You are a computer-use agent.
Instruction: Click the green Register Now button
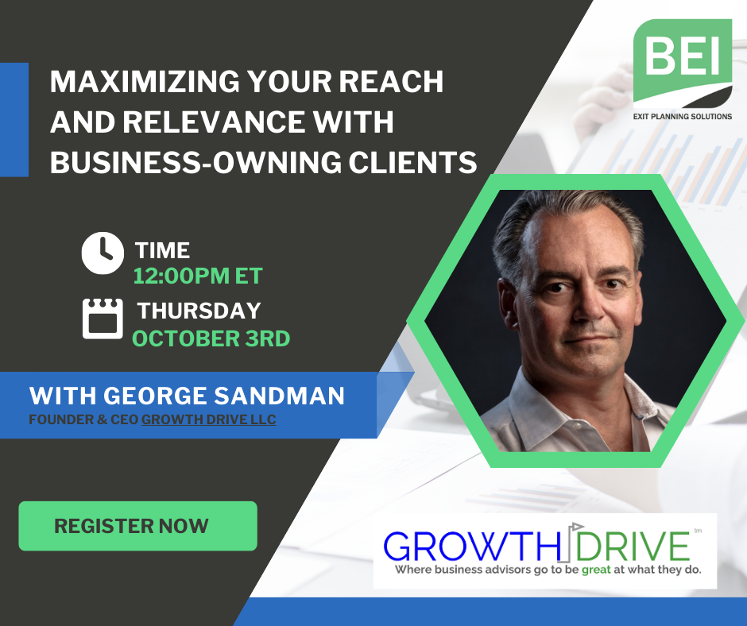click(137, 526)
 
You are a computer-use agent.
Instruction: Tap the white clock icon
click(103, 253)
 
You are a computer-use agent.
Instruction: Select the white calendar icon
click(103, 319)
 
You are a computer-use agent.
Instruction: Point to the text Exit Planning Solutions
click(682, 116)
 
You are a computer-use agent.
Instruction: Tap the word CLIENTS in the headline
click(412, 162)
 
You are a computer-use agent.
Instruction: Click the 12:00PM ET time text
click(198, 276)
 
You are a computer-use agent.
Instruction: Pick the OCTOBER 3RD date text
click(211, 338)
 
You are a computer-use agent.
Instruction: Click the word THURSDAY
click(199, 311)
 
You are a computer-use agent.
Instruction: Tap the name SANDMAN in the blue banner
click(279, 396)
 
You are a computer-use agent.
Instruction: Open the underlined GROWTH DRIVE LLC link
click(209, 419)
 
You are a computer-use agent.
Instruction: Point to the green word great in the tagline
click(596, 570)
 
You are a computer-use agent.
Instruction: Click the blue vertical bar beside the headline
click(14, 120)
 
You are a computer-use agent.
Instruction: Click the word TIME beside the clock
click(162, 250)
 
